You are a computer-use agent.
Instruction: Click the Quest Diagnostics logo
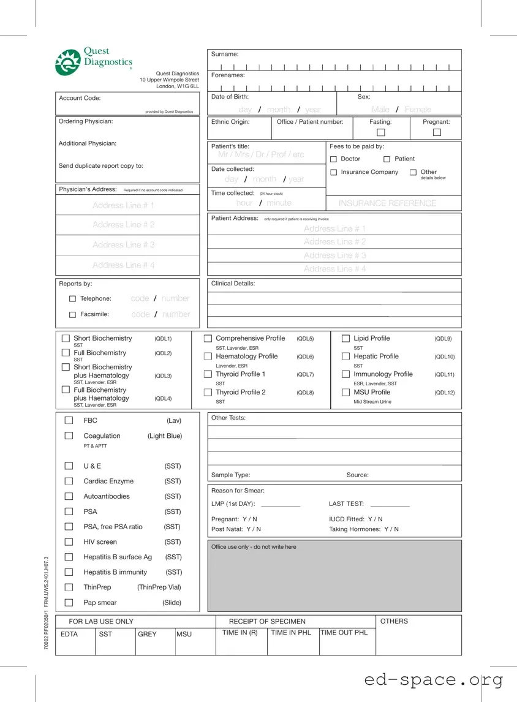(93, 62)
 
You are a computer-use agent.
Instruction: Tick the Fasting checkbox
(380, 133)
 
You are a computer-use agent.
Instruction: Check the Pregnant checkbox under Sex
(436, 133)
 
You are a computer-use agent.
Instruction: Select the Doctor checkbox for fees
(334, 159)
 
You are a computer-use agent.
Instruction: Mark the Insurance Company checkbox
(334, 173)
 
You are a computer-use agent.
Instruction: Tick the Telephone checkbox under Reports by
(73, 299)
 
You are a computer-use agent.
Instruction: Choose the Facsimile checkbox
(73, 315)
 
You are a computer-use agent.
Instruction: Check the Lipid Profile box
(345, 339)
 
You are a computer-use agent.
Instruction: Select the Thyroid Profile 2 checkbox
(208, 393)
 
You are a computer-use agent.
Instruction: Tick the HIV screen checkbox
(69, 542)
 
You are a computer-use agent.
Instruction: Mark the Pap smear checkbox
(69, 603)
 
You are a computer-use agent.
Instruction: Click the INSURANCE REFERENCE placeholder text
(387, 203)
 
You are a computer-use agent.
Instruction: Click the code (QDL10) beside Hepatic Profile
(444, 357)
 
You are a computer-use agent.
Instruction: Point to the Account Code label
(80, 98)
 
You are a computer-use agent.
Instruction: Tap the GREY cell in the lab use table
(147, 634)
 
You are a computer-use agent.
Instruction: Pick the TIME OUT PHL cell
(344, 633)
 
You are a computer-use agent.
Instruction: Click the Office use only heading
(254, 547)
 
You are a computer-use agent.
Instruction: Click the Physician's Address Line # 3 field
(124, 245)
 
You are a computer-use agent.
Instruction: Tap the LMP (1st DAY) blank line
(281, 505)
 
